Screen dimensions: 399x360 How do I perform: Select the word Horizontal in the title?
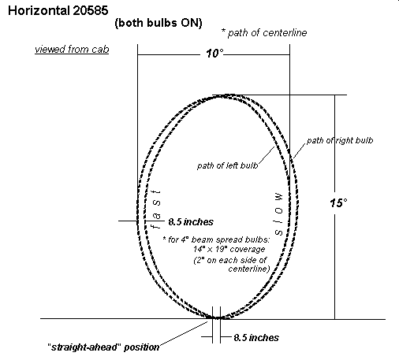click(x=39, y=11)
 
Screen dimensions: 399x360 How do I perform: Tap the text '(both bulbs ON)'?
click(x=158, y=23)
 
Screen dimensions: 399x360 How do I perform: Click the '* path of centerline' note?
click(x=264, y=33)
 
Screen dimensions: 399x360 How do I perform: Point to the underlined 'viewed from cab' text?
click(x=72, y=50)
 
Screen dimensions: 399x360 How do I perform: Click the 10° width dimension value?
click(x=214, y=54)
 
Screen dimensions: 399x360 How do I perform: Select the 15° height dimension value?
click(x=338, y=203)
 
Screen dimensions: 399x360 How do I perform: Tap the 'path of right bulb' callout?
click(x=340, y=141)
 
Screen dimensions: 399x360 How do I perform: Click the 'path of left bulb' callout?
click(x=227, y=165)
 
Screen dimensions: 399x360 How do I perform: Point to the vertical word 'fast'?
click(x=156, y=210)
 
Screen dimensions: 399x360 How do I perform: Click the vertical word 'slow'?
click(x=279, y=213)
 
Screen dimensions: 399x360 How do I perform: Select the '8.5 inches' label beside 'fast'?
click(x=191, y=222)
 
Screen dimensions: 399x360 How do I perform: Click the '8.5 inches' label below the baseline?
click(x=256, y=338)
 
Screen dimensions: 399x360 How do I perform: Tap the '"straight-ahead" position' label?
click(x=103, y=347)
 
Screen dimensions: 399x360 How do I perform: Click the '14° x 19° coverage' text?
click(x=229, y=249)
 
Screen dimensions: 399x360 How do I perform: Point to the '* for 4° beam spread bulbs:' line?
click(x=216, y=239)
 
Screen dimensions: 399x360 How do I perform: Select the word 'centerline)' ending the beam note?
click(x=249, y=269)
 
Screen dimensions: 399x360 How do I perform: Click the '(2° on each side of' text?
click(x=230, y=260)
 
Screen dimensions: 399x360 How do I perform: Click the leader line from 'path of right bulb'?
click(x=300, y=150)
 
